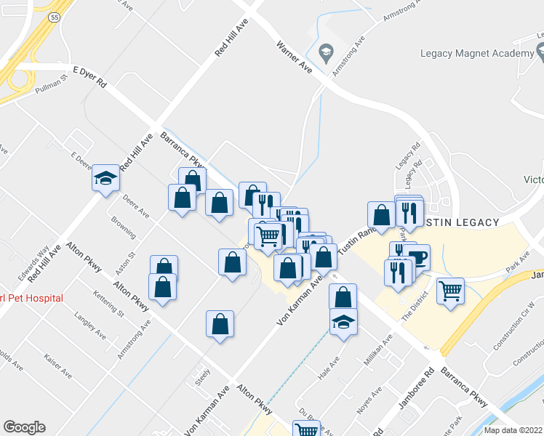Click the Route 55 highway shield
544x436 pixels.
tap(53, 17)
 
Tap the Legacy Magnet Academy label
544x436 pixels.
tap(477, 54)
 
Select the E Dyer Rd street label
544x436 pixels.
tap(90, 77)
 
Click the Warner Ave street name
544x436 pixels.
tap(294, 55)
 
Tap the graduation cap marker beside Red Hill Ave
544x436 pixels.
tap(105, 177)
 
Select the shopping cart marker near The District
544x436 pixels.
tap(451, 291)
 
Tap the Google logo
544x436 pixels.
tap(24, 427)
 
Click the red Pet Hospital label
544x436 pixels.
tap(32, 298)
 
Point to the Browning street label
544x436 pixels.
tap(123, 227)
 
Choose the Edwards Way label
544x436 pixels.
tap(34, 262)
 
